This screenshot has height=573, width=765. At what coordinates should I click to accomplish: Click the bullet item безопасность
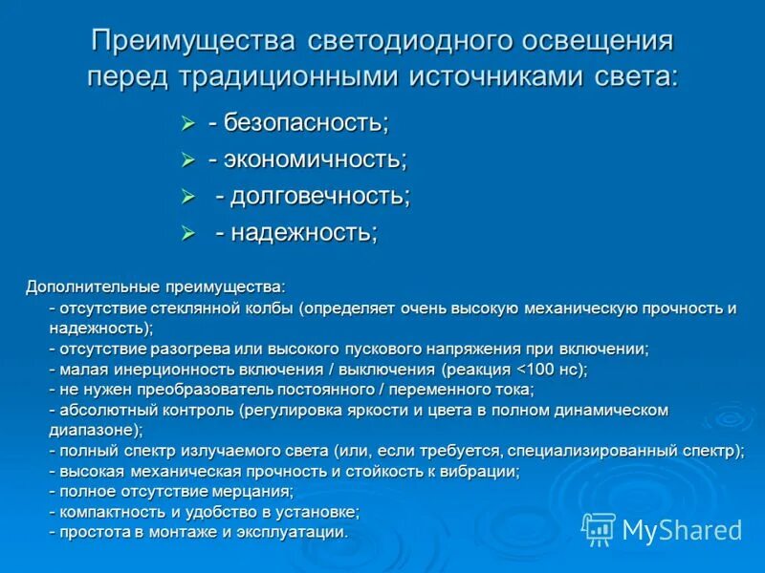304,122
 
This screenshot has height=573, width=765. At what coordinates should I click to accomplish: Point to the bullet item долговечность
318,196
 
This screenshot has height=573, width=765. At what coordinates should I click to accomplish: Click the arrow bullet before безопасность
188,123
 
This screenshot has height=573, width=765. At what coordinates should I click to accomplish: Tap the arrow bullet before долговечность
188,197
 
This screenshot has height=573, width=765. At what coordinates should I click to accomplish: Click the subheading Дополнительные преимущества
154,286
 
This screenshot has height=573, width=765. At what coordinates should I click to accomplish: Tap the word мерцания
257,491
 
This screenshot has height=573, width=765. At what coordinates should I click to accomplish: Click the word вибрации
483,471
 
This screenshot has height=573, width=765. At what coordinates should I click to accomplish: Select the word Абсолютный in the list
102,410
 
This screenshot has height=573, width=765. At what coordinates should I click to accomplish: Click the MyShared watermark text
681,530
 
